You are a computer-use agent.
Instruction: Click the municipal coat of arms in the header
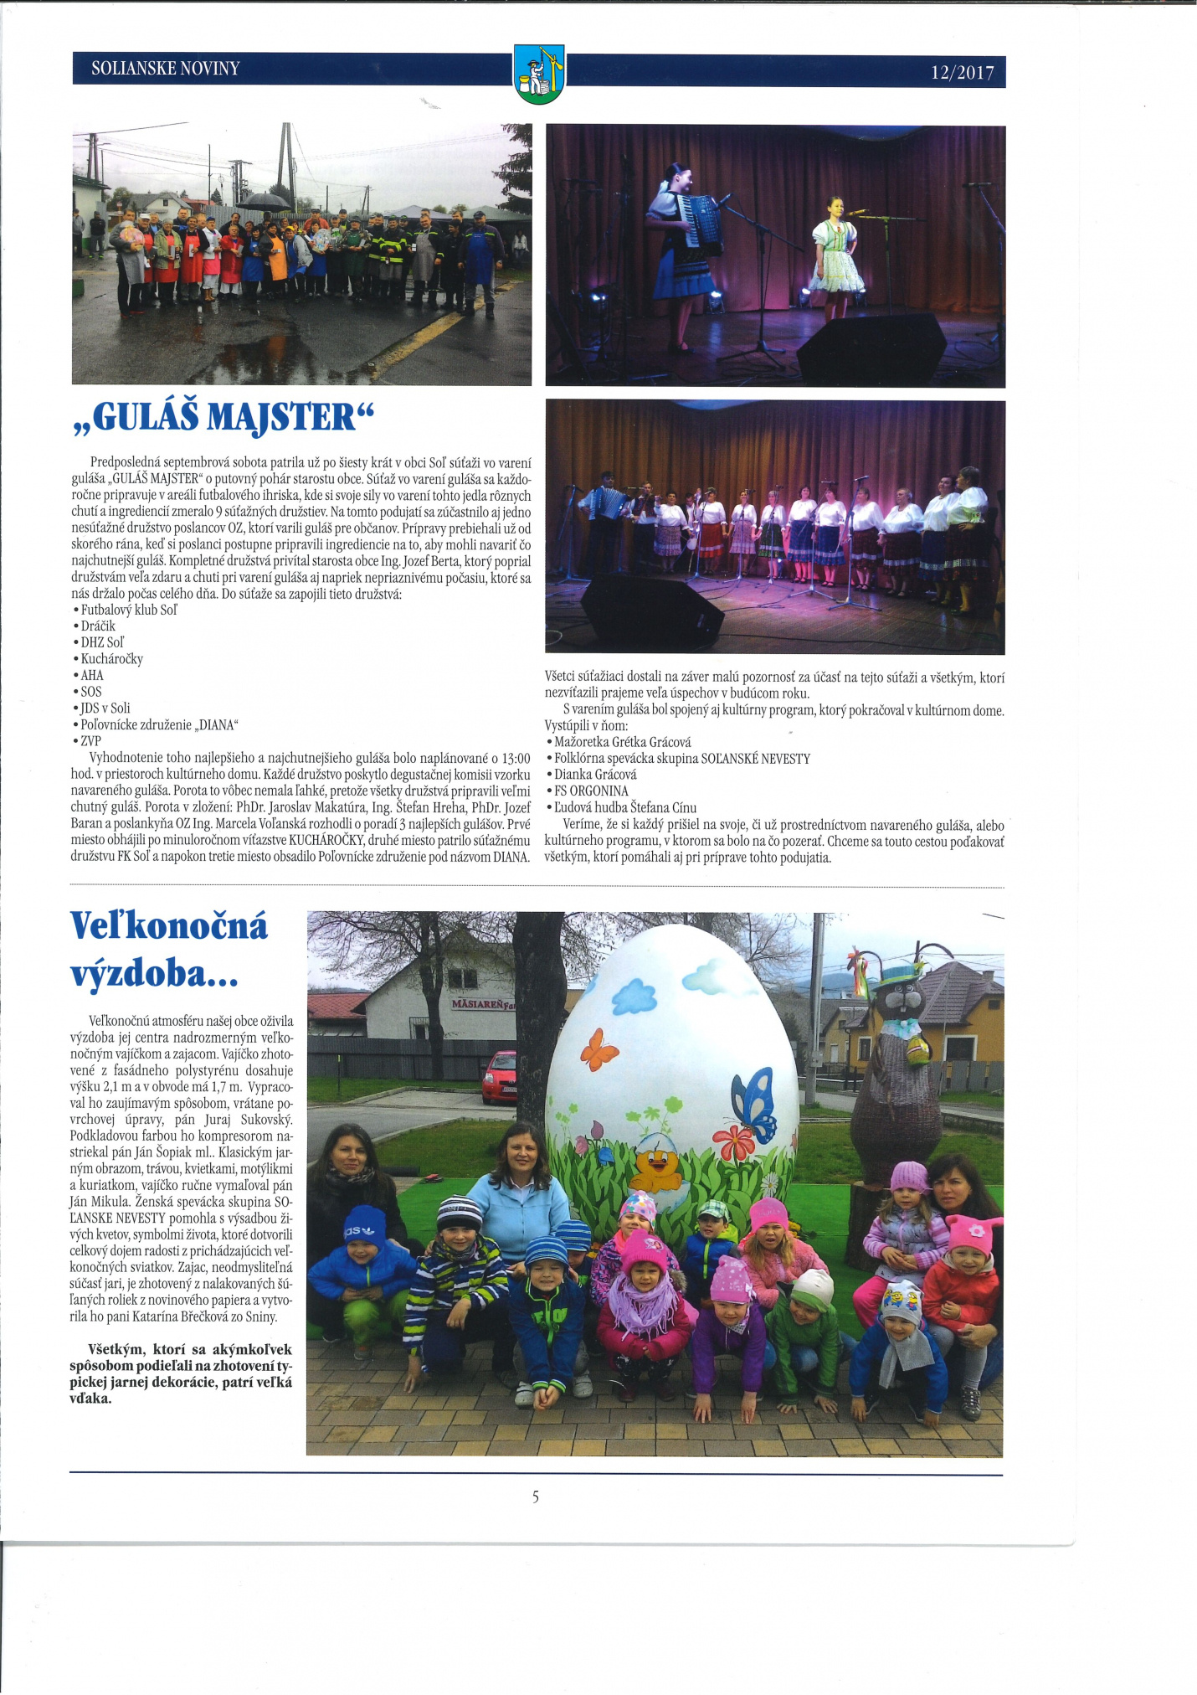(x=539, y=74)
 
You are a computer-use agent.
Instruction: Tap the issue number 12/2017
(x=962, y=73)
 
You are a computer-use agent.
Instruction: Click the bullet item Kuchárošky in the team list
(x=111, y=659)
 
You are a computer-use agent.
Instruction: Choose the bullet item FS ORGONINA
(x=591, y=791)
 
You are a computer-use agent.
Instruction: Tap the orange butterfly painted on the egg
(x=598, y=1048)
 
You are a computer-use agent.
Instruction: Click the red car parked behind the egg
(x=500, y=1076)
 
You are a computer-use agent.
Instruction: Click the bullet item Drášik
(x=98, y=626)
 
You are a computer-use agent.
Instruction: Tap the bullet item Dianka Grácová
(x=594, y=775)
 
